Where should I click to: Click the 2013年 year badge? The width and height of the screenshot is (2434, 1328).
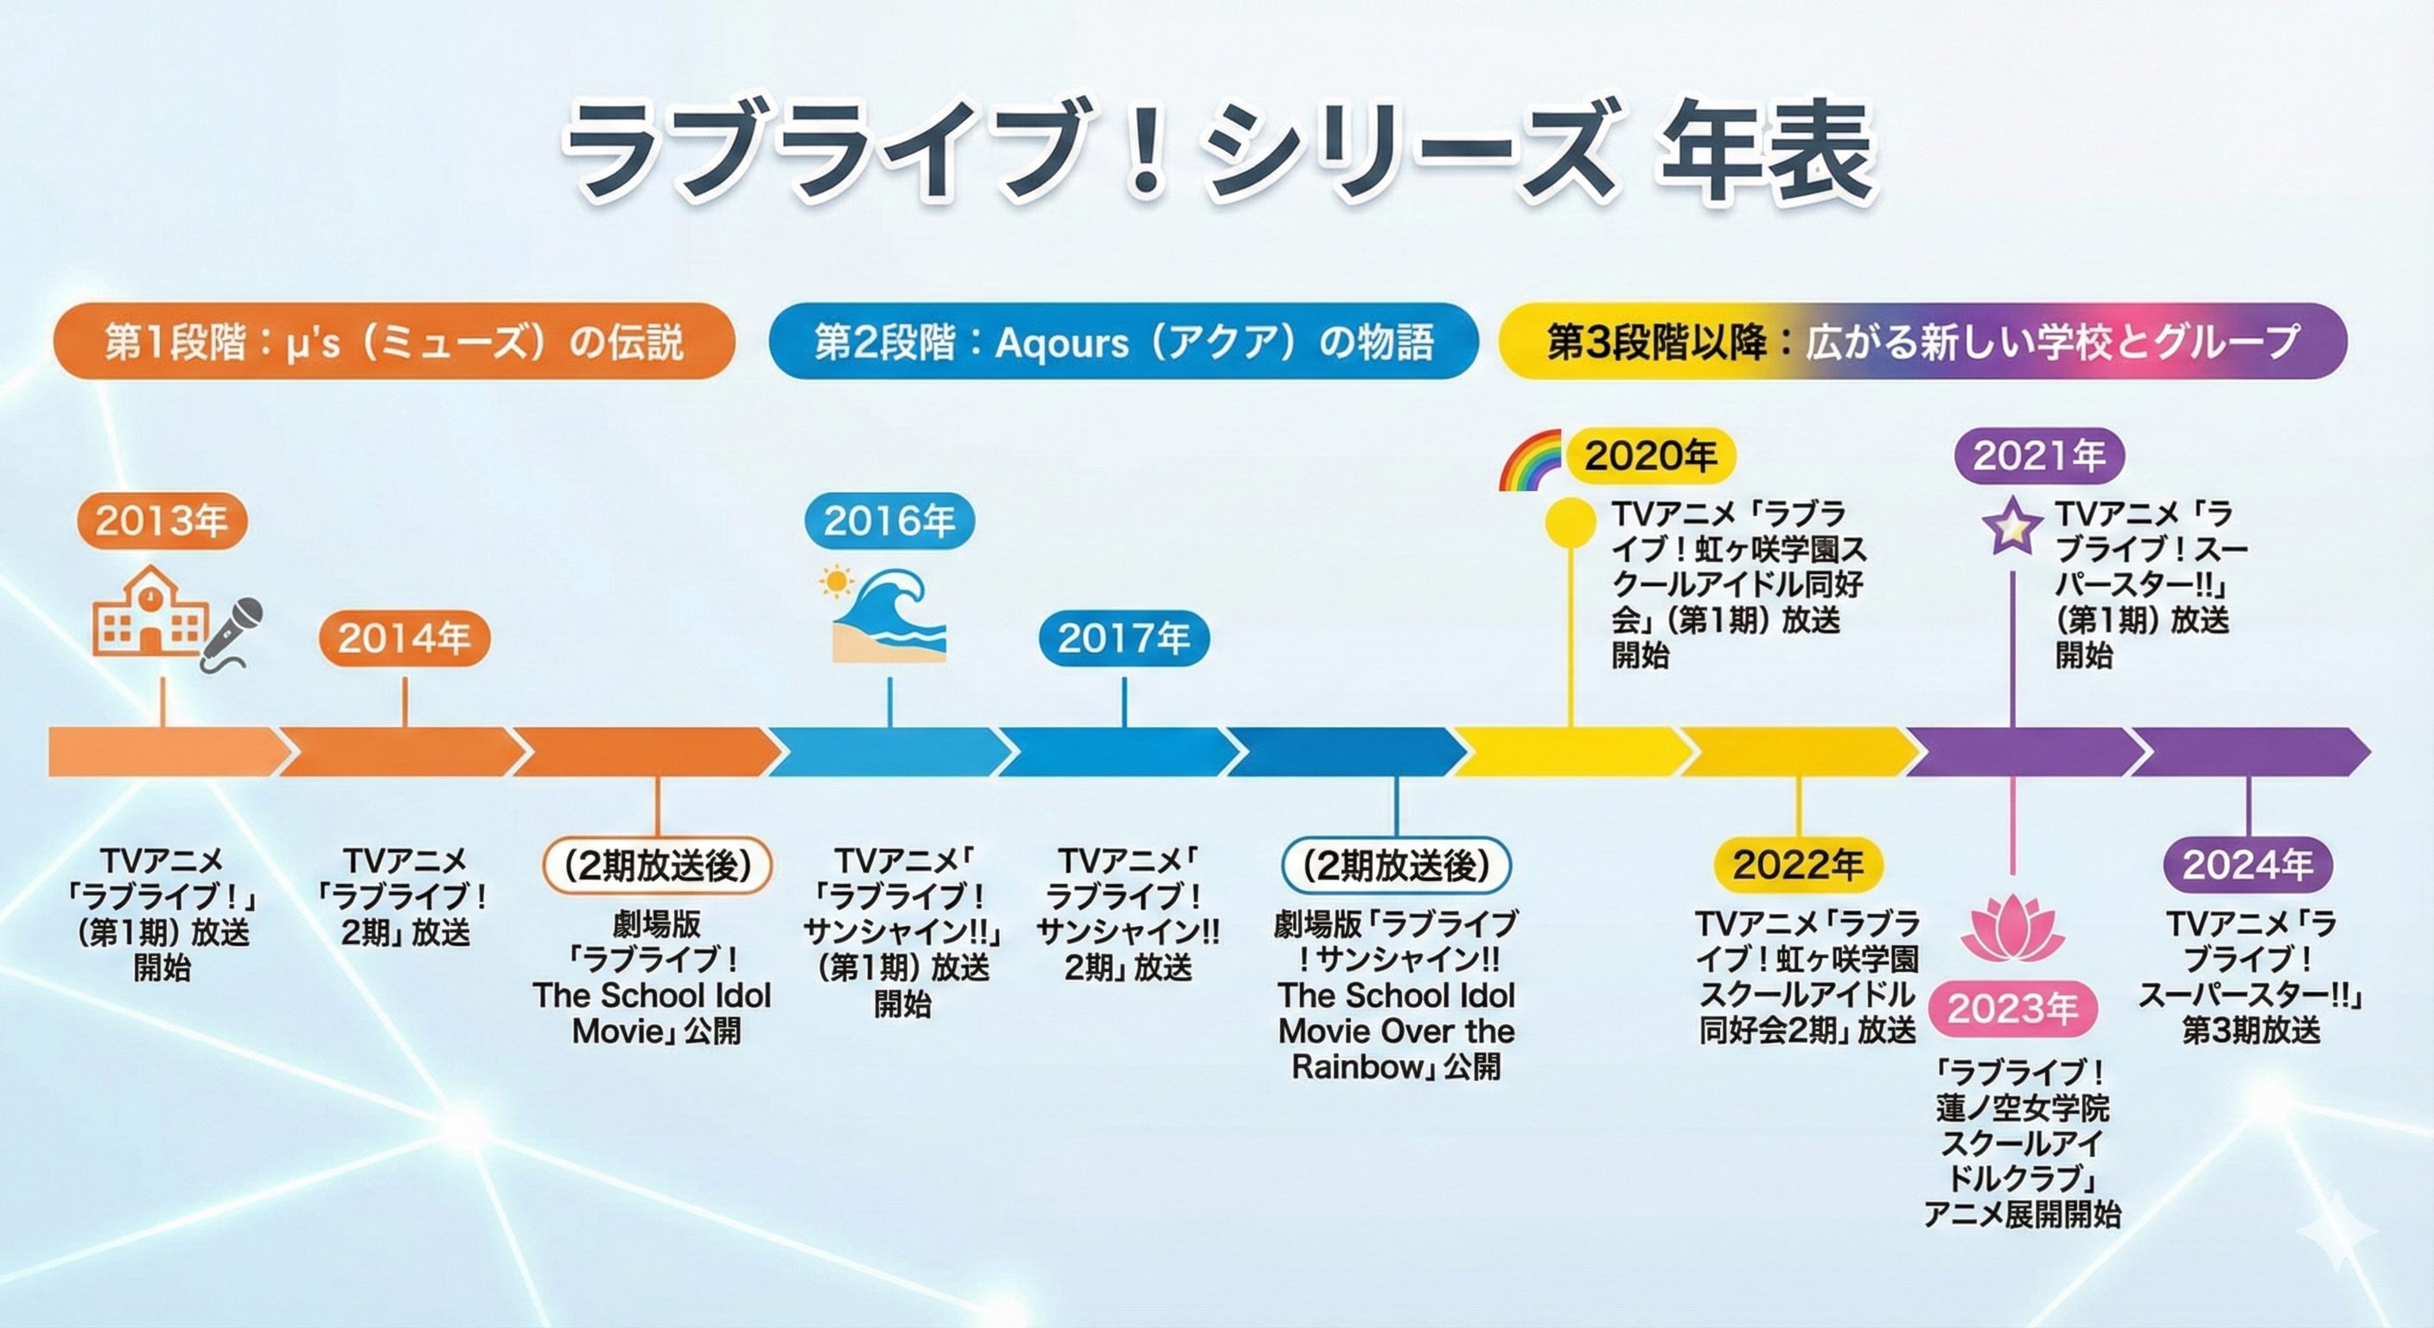(x=162, y=520)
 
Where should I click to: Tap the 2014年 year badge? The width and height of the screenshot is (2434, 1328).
(x=405, y=639)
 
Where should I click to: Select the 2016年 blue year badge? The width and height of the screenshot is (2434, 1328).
(x=889, y=520)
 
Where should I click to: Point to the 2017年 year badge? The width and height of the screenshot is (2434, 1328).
(x=1124, y=639)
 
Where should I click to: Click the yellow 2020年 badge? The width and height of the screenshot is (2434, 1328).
(x=1650, y=456)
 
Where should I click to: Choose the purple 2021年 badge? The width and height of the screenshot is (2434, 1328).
(x=2039, y=456)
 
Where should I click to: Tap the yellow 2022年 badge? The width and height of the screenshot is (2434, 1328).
(x=1798, y=865)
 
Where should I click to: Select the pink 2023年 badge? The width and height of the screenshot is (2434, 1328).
(x=2012, y=1010)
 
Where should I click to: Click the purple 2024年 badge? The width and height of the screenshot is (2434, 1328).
(x=2248, y=865)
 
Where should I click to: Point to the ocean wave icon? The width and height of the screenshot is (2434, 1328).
(x=886, y=615)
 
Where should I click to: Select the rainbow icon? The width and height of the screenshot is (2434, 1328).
(x=1531, y=460)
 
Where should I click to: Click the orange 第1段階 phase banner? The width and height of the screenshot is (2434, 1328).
(x=394, y=342)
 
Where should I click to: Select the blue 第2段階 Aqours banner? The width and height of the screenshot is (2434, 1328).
(x=1124, y=342)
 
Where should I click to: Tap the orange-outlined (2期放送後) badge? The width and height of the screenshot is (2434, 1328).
(x=657, y=865)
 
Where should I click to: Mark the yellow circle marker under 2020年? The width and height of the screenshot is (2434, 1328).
(x=1571, y=520)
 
